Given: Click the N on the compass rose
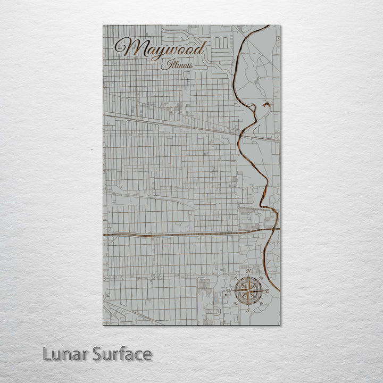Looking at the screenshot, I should click(x=249, y=271).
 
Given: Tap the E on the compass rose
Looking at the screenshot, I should click(x=267, y=291).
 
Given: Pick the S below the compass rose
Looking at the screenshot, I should click(x=248, y=310).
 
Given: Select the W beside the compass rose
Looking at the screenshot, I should click(x=229, y=291).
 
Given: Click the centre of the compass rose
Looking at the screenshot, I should click(x=248, y=291).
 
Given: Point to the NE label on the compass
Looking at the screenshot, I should click(x=262, y=278).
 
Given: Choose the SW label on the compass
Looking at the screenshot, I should click(x=235, y=304).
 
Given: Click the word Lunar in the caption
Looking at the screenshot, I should click(x=65, y=354).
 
